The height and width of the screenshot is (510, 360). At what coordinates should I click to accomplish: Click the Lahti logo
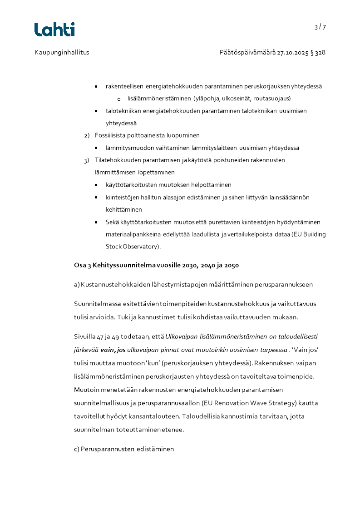tap(54, 29)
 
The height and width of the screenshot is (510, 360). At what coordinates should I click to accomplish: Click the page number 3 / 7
tap(320, 27)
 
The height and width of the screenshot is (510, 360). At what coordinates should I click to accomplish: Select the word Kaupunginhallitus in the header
tap(62, 53)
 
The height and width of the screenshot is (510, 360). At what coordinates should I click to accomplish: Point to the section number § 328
tap(318, 53)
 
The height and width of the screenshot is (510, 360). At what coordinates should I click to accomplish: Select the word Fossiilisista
tap(113, 135)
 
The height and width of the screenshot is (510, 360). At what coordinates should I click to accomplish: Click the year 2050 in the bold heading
tap(231, 265)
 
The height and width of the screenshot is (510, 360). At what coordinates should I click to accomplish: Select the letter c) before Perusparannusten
tap(76, 449)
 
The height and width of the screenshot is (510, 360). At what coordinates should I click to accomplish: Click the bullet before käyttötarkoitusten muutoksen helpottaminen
tap(96, 185)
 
